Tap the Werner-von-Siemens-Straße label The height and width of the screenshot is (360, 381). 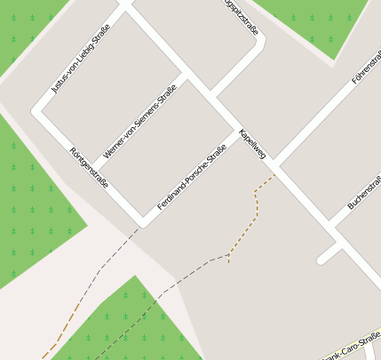[x=139, y=122]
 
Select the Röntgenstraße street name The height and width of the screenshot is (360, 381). [x=89, y=167]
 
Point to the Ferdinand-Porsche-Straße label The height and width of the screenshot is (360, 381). [x=192, y=177]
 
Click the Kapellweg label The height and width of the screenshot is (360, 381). [x=252, y=143]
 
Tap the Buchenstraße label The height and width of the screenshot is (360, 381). [x=365, y=191]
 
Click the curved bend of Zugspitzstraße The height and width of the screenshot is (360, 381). [x=259, y=43]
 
